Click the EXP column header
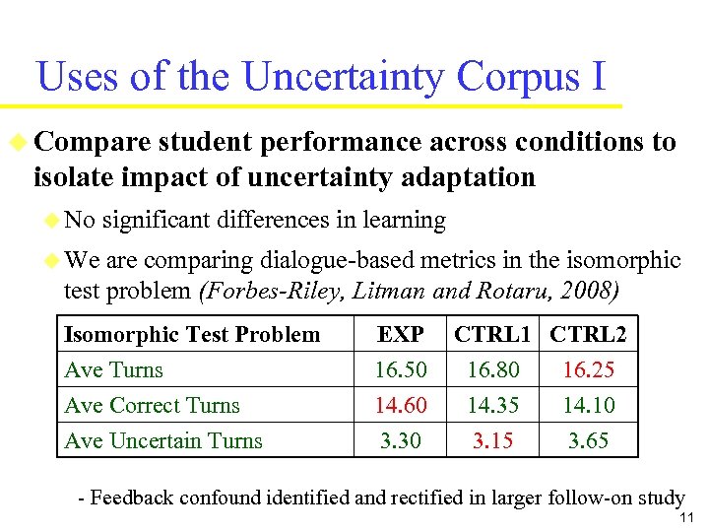pos(401,335)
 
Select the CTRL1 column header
pos(493,335)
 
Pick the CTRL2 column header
pos(588,335)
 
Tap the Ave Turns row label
pos(113,370)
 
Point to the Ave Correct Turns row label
pos(152,406)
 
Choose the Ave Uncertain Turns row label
pos(163,441)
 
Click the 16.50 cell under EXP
pos(401,370)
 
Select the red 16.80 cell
pos(492,370)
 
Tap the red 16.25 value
pos(588,370)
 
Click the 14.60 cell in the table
pos(401,406)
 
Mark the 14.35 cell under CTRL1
pos(492,406)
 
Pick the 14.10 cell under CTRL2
pos(588,406)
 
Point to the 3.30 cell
pos(401,441)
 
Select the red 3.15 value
pos(492,441)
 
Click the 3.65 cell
pos(588,441)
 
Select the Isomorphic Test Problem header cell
pos(192,335)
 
